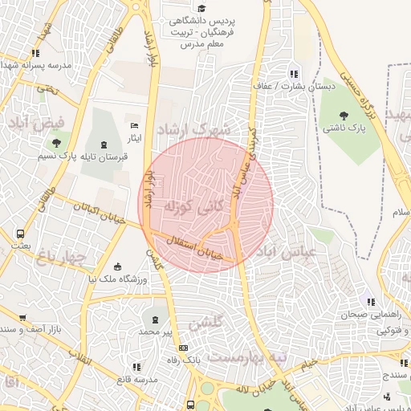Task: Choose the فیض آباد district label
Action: click(30, 124)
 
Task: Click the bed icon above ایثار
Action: click(135, 125)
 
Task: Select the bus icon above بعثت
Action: click(19, 234)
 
